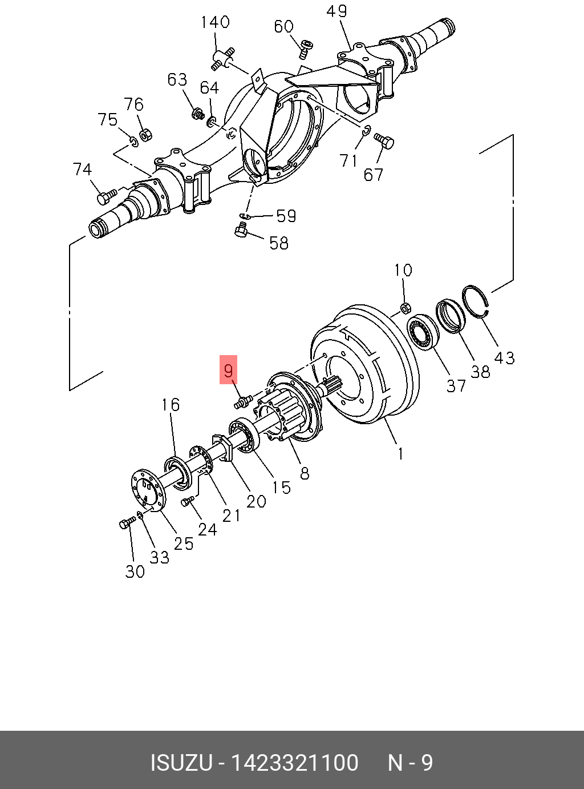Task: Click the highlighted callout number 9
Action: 228,370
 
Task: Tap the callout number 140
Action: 215,22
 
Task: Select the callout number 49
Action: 336,11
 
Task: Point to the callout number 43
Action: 504,358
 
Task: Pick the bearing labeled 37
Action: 423,331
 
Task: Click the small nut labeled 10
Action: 405,308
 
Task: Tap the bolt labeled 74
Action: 106,197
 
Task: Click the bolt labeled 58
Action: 241,230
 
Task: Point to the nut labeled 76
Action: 145,135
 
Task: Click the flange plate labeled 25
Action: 146,489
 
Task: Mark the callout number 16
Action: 170,405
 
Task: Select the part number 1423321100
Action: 294,763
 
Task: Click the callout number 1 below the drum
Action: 401,454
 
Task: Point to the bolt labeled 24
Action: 187,501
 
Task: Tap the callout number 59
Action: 286,216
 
